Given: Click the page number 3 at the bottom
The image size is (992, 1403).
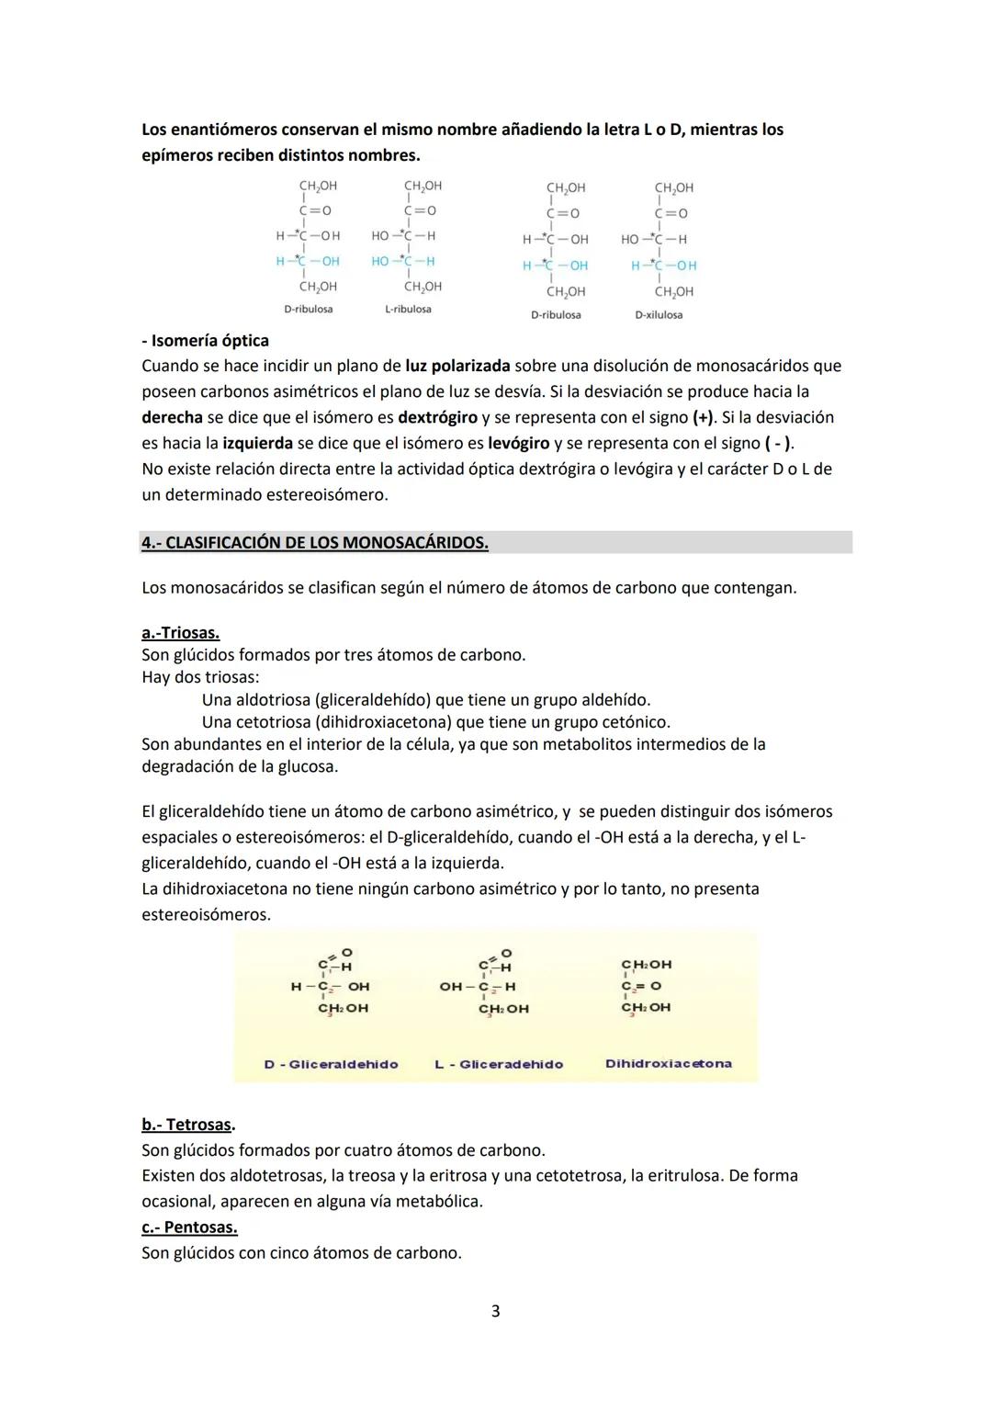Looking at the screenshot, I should (495, 1311).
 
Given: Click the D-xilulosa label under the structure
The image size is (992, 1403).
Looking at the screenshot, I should (659, 315).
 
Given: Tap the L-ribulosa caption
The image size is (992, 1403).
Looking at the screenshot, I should (408, 310).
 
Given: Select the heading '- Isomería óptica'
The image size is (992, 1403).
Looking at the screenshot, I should (205, 341).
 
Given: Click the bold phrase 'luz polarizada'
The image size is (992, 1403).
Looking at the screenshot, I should (457, 367).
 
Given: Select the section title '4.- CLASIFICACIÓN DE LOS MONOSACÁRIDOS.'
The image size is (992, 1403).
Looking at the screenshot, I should (314, 543).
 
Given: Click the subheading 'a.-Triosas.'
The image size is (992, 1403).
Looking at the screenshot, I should (180, 633).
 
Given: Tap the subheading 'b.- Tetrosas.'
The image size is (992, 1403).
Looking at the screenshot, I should (187, 1125).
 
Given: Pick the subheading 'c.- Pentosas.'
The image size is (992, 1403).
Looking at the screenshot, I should (188, 1228).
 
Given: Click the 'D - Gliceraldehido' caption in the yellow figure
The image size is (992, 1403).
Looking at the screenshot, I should (331, 1064).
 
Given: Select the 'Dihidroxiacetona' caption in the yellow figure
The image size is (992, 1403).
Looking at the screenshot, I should (668, 1063).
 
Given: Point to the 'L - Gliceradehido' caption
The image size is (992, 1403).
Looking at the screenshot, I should (499, 1064).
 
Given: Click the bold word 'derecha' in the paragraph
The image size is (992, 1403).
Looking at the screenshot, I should (172, 418).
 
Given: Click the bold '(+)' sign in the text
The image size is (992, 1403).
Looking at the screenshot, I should (703, 418).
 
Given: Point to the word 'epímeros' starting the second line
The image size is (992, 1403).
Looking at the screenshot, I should (176, 155).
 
